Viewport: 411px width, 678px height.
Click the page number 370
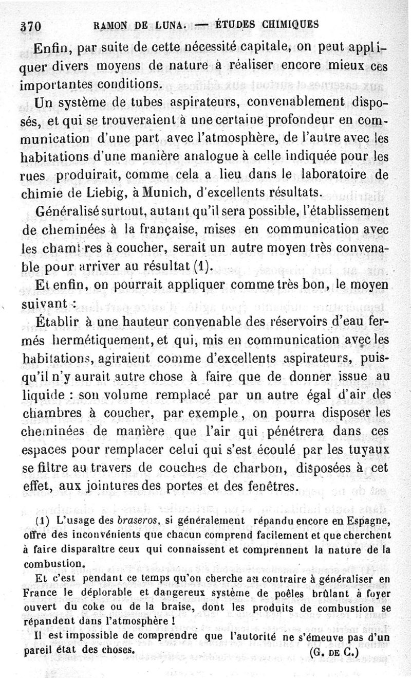pos(30,25)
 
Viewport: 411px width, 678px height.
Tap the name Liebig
pos(109,193)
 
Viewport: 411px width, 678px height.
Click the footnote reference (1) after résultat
pos(201,266)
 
